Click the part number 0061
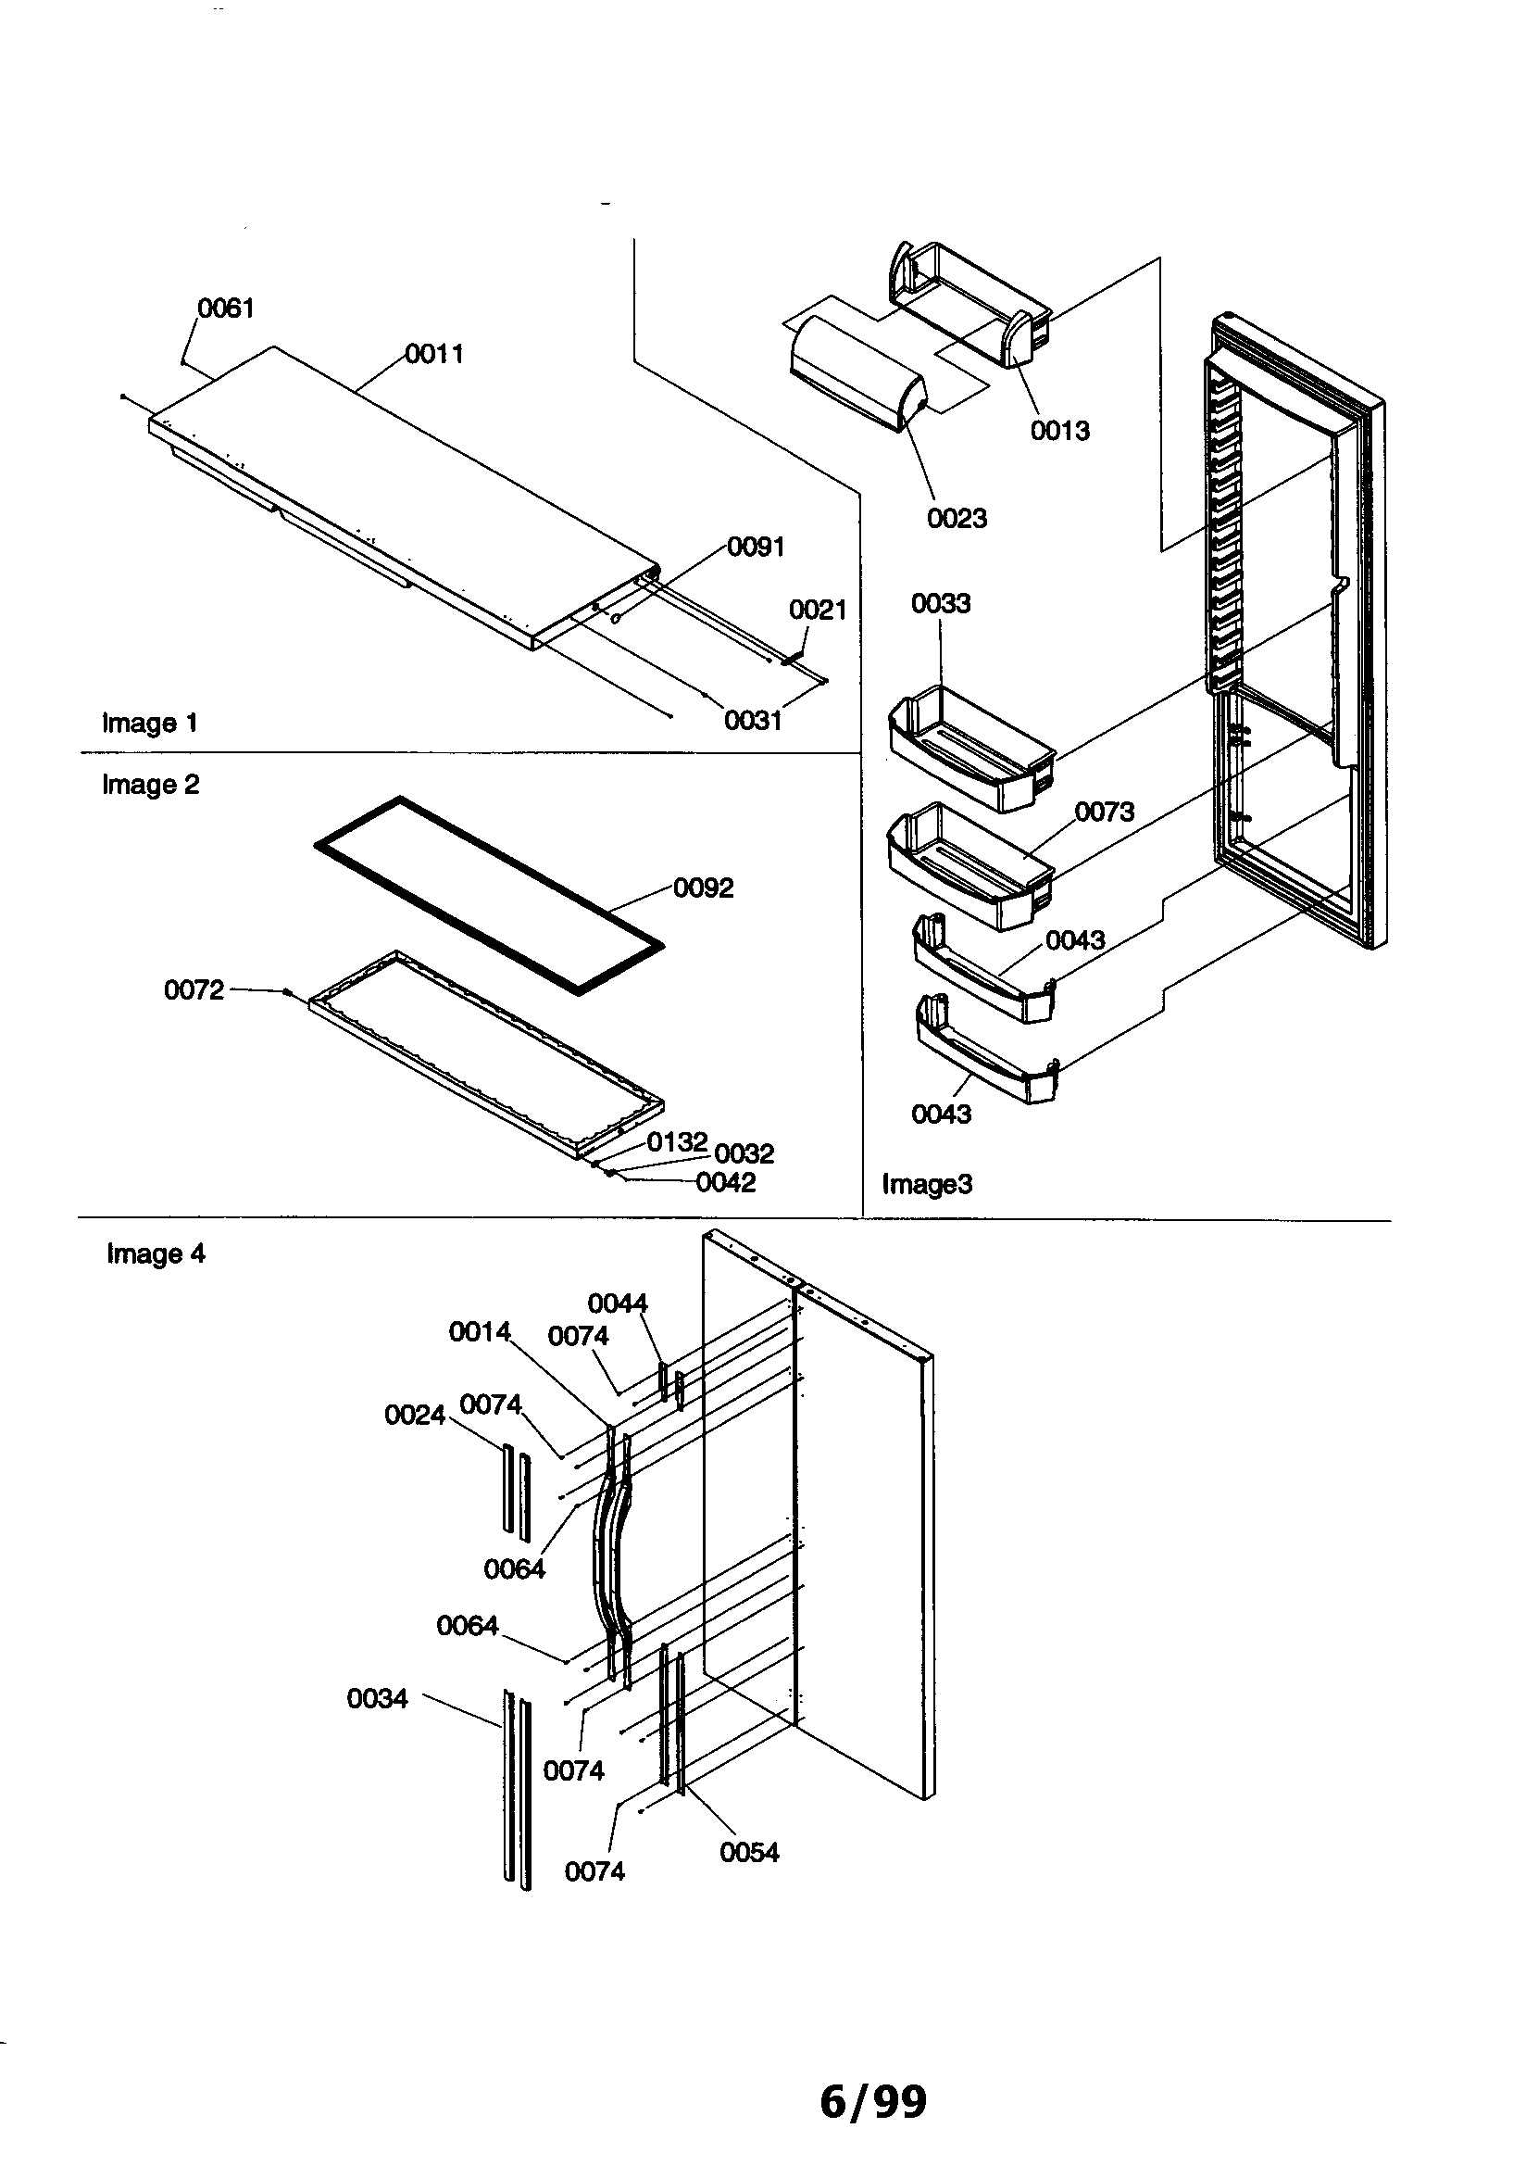(225, 309)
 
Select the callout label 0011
(435, 354)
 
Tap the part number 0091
(756, 548)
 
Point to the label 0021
(818, 610)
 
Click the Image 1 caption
(150, 724)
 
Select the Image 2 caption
(151, 785)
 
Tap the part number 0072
(194, 989)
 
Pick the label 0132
(676, 1142)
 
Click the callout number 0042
(725, 1183)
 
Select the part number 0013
(1059, 431)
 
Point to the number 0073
(1105, 812)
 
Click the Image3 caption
(926, 1184)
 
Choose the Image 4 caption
(156, 1253)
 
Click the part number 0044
(617, 1303)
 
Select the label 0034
(377, 1699)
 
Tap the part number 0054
(749, 1853)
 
